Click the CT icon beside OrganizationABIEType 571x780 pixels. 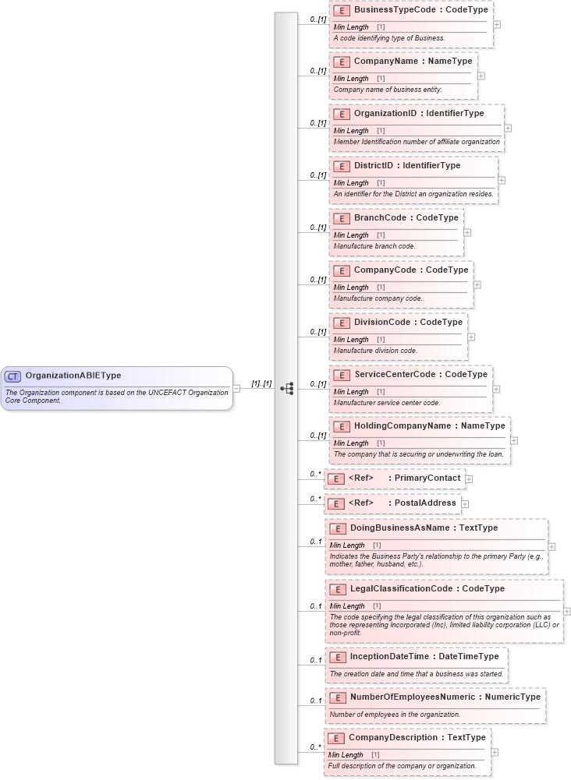pyautogui.click(x=13, y=376)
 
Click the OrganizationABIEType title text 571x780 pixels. pyautogui.click(x=73, y=376)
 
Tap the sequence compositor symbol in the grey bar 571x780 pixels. pyautogui.click(x=286, y=388)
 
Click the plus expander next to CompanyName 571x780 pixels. pyautogui.click(x=481, y=76)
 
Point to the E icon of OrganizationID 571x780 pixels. pyautogui.click(x=341, y=114)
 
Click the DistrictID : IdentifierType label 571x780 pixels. pyautogui.click(x=406, y=165)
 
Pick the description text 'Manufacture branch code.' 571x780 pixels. pyautogui.click(x=374, y=246)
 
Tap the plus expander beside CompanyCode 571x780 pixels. pyautogui.click(x=477, y=284)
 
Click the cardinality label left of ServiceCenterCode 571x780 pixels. pyautogui.click(x=317, y=384)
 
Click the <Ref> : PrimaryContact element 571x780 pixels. pyautogui.click(x=394, y=478)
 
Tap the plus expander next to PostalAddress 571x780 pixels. pyautogui.click(x=465, y=503)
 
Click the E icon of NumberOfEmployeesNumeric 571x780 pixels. pyautogui.click(x=337, y=697)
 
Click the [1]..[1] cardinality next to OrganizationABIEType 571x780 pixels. pyautogui.click(x=261, y=384)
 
